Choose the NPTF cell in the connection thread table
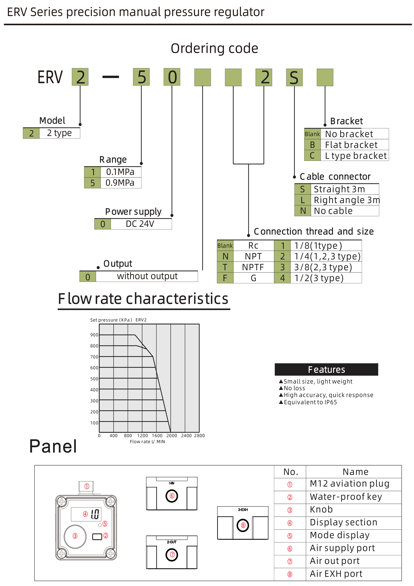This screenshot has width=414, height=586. click(x=253, y=267)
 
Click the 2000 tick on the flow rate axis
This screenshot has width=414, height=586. click(x=172, y=436)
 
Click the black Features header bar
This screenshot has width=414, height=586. click(x=326, y=369)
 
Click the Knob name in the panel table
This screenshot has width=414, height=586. click(x=321, y=510)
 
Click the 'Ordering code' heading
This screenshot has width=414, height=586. click(x=214, y=48)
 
